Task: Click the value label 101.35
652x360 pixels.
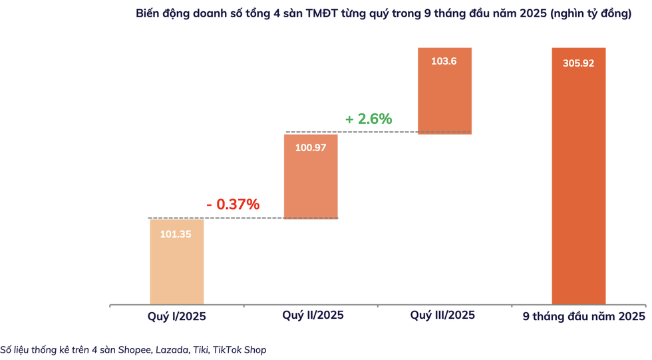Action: [x=176, y=234]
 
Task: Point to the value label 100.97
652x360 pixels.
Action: [x=311, y=148]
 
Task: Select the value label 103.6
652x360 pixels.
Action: [x=444, y=61]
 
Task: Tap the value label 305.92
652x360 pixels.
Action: [x=578, y=64]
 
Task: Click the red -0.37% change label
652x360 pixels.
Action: [x=232, y=204]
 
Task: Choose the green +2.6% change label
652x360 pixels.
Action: [x=368, y=119]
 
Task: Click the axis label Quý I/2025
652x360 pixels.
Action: [x=176, y=317]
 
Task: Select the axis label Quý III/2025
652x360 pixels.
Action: [x=444, y=315]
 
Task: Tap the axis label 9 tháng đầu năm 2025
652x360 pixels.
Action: [x=583, y=317]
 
